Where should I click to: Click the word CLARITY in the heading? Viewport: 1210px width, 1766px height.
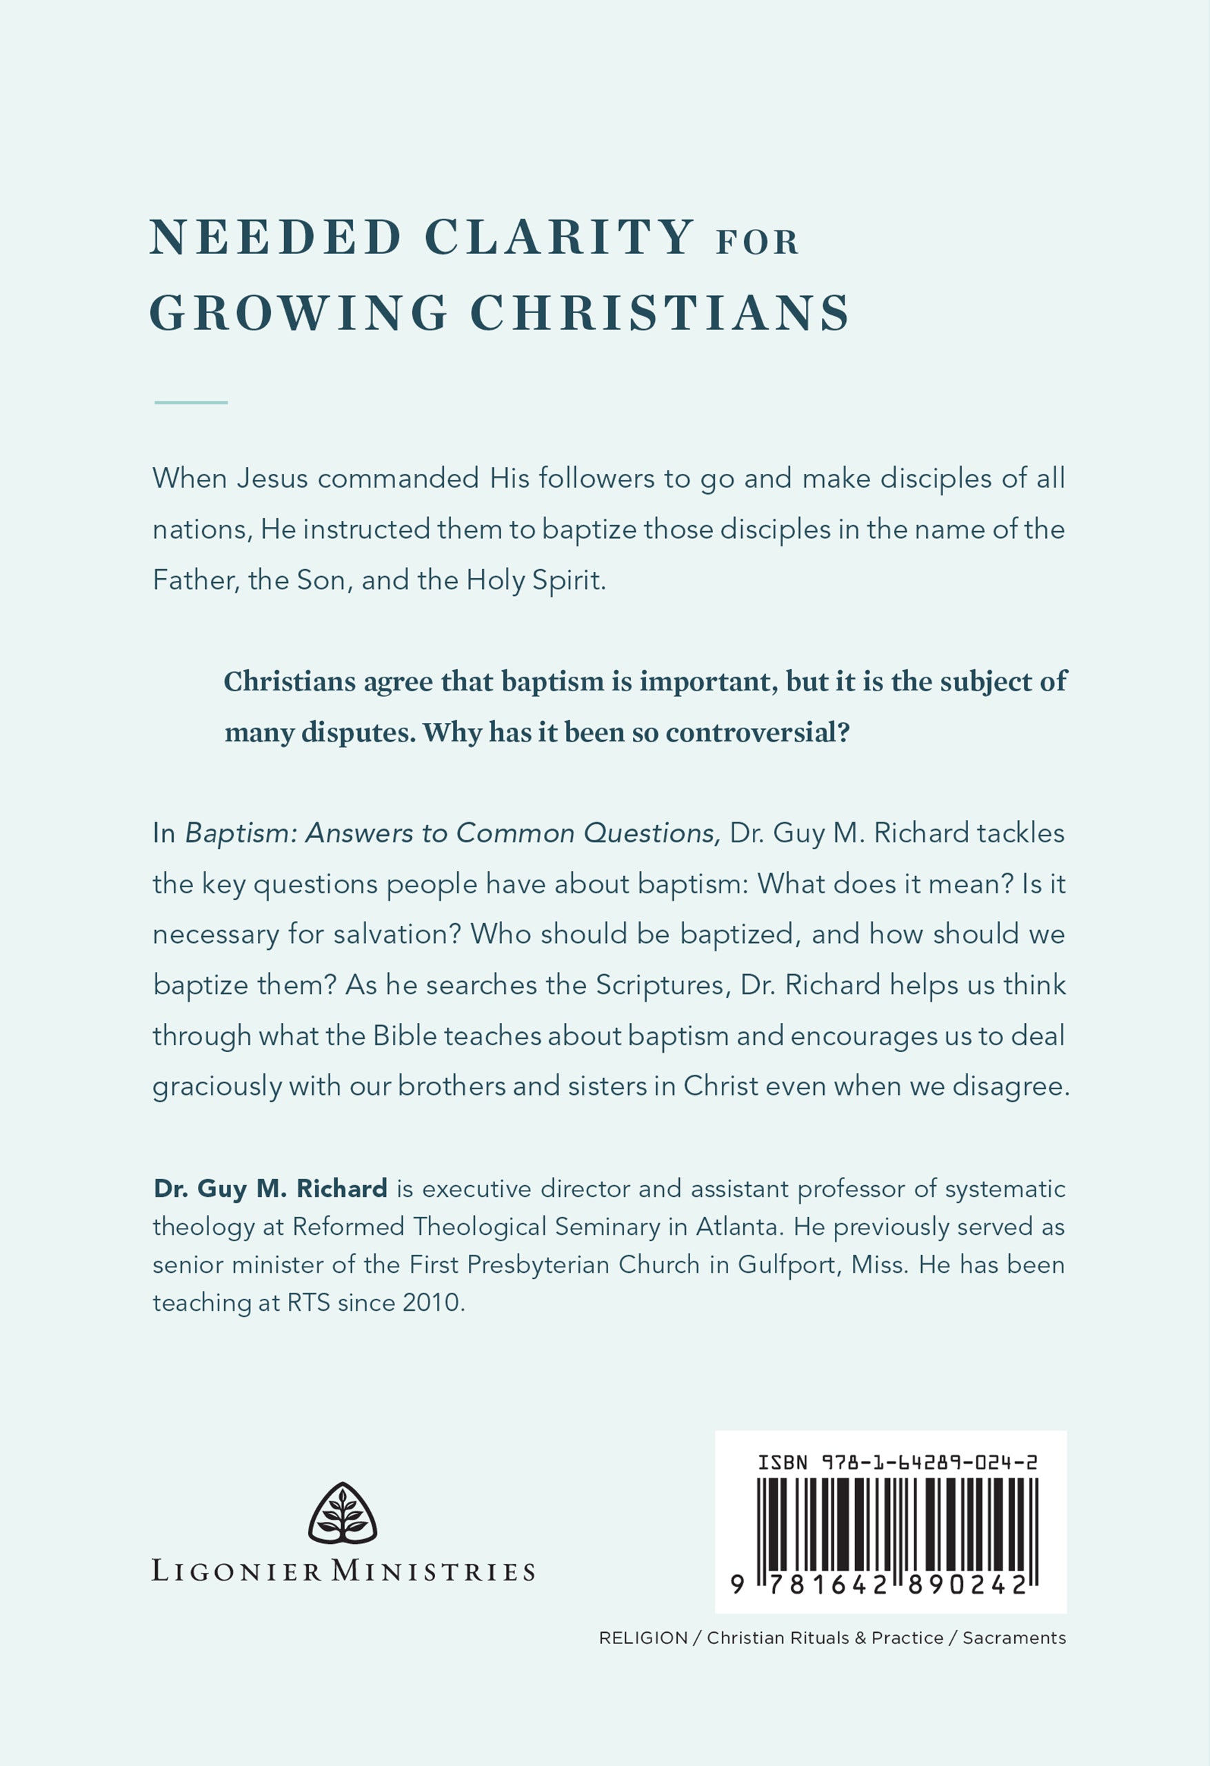558,238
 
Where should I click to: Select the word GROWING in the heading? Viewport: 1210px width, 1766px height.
299,312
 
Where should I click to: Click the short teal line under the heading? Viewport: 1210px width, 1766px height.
191,402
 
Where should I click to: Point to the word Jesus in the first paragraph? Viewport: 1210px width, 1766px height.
272,479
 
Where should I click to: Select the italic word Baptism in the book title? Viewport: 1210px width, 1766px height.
241,833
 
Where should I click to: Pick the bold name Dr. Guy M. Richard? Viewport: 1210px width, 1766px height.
270,1189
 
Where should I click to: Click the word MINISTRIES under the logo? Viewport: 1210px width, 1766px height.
433,1571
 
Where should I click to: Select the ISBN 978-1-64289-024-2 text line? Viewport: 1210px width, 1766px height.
897,1462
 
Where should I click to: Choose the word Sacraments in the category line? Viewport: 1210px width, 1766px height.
1014,1638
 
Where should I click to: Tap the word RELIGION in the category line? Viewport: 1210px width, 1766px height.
643,1638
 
